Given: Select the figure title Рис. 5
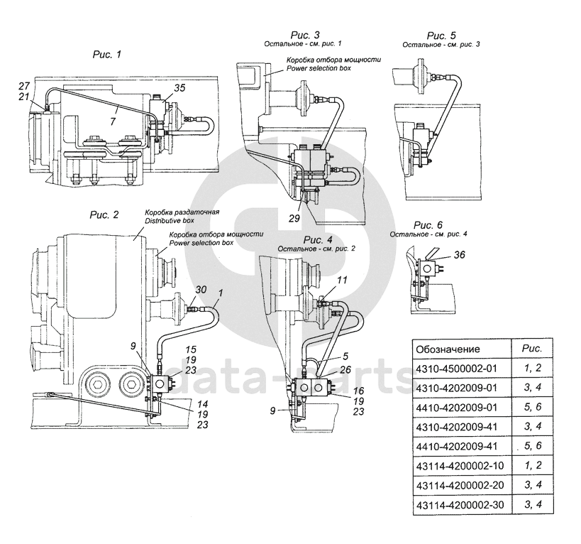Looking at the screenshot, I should click(441, 36).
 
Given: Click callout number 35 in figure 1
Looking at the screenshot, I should click(179, 89).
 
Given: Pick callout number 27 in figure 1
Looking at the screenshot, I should click(26, 86).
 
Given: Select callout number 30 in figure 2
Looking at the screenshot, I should click(201, 290).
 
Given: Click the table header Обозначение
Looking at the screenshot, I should click(448, 349).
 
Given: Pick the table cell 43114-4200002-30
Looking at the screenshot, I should click(459, 505).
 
